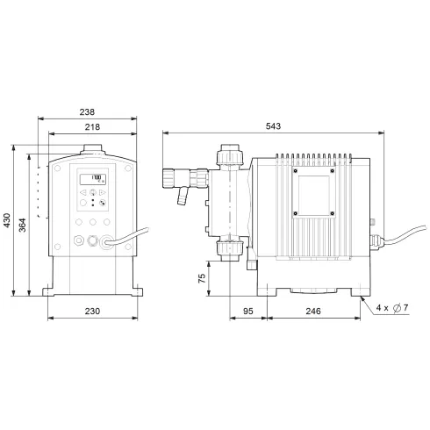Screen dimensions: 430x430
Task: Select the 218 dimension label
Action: (x=91, y=127)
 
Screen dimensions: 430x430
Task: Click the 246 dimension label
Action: (x=313, y=312)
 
